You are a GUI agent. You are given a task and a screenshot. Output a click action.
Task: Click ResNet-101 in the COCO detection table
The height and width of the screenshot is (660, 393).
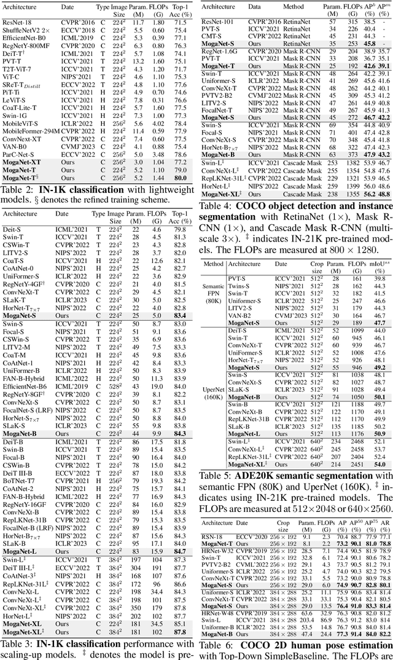point(219,22)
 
